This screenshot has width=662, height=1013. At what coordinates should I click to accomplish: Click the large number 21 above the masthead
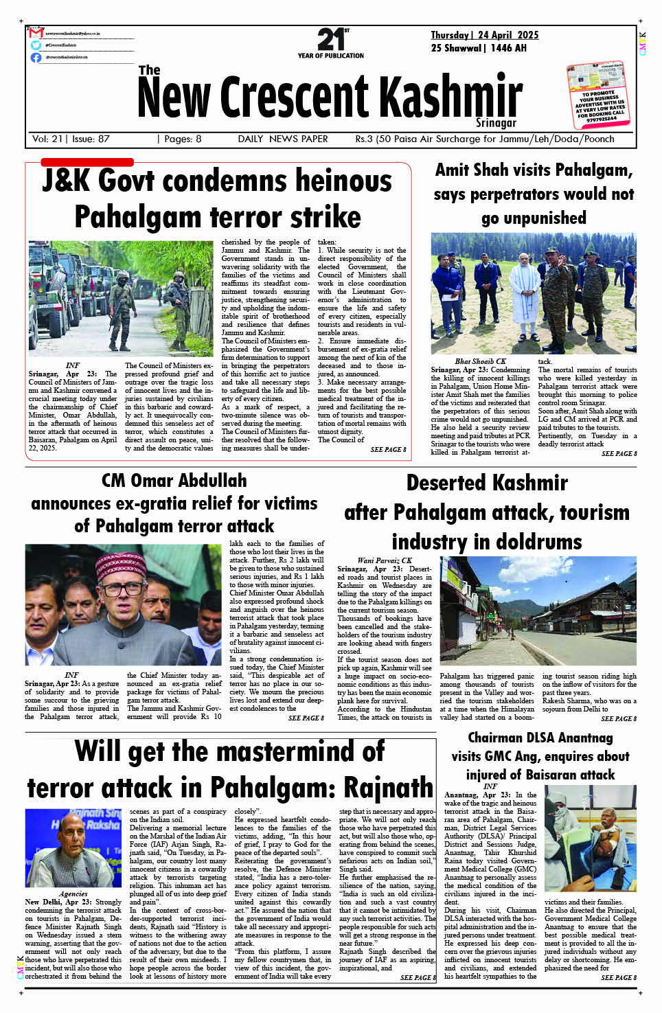[x=330, y=39]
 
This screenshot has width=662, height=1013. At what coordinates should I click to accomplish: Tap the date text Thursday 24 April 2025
[x=484, y=35]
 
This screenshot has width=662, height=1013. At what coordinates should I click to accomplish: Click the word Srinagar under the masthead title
[x=496, y=122]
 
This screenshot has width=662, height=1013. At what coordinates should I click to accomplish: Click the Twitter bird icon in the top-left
[x=36, y=45]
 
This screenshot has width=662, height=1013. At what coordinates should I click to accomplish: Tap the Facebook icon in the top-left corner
[x=36, y=57]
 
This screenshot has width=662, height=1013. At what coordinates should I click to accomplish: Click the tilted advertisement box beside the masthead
[x=599, y=95]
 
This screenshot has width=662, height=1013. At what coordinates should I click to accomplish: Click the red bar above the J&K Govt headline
[x=87, y=162]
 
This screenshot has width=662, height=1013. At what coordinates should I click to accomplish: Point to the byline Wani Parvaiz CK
[x=385, y=560]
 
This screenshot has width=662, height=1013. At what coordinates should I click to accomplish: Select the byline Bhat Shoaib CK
[x=480, y=361]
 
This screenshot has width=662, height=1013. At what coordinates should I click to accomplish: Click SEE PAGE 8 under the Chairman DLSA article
[x=619, y=977]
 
